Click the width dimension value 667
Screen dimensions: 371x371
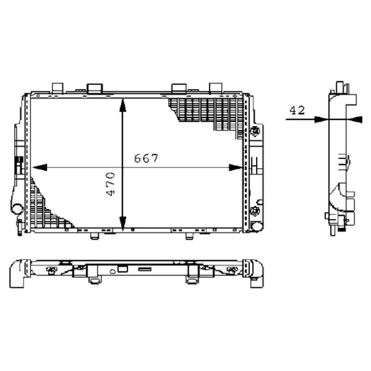[147, 158]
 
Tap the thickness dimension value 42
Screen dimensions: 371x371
[296, 110]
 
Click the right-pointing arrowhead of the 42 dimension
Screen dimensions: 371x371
[320, 119]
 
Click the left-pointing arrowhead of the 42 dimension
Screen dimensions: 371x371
[354, 119]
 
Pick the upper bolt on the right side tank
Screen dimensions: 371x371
[254, 131]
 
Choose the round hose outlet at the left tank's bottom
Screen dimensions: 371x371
[17, 208]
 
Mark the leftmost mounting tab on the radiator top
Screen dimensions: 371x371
[57, 87]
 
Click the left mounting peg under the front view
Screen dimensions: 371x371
[95, 236]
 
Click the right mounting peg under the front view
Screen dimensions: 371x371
[189, 236]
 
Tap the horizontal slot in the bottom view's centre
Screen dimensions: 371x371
[145, 269]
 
